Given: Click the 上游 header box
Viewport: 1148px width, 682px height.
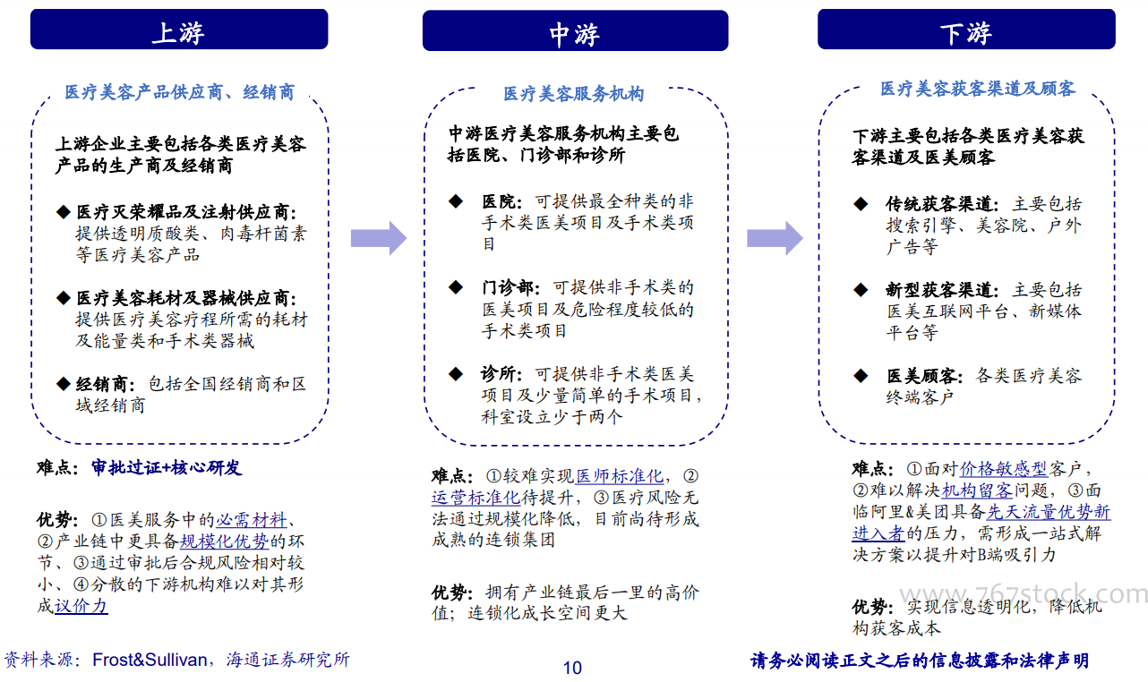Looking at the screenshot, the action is [x=179, y=30].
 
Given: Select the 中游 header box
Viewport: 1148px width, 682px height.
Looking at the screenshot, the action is [x=575, y=30].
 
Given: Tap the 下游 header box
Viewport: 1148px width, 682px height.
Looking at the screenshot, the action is [x=966, y=30].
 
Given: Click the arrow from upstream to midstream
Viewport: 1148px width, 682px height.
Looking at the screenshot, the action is [x=378, y=238].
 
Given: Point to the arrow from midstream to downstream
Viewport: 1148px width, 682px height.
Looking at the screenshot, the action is [x=775, y=238].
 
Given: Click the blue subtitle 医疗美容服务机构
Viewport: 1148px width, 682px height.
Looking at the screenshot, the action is [x=573, y=94].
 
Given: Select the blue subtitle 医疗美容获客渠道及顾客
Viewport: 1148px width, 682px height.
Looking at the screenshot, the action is [x=977, y=90].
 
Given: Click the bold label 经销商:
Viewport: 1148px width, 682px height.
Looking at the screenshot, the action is [x=105, y=384].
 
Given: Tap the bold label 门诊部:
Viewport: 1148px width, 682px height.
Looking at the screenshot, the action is [x=510, y=287].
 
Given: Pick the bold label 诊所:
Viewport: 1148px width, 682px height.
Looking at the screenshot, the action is [x=501, y=374].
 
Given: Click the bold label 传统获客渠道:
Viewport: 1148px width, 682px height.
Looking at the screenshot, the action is [x=942, y=204].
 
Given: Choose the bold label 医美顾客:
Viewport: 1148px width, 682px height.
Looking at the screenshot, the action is [x=924, y=376].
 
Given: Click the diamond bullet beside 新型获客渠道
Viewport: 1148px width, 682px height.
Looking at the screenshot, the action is [x=861, y=289].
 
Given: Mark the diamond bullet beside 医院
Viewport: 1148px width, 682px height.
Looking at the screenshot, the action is [x=456, y=200].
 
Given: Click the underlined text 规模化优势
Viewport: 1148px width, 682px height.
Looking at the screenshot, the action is [x=225, y=541].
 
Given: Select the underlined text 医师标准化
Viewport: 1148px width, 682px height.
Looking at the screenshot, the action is [x=620, y=476].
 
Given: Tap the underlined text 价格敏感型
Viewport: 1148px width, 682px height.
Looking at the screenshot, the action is [x=1003, y=468].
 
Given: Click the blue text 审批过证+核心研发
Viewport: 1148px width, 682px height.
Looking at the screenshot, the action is [x=166, y=467].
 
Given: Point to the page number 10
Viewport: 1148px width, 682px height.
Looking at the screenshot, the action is [x=572, y=668].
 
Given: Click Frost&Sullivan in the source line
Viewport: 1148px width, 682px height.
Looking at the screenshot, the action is [x=150, y=660].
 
